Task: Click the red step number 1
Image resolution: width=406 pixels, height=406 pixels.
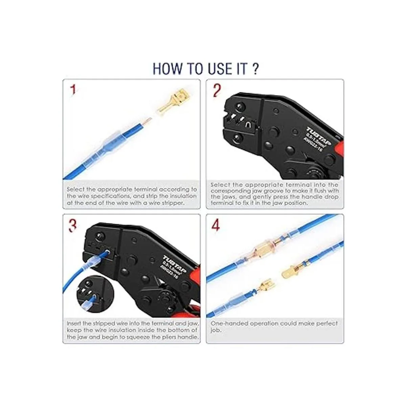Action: click(x=73, y=90)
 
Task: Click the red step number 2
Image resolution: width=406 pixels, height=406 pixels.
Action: click(x=217, y=91)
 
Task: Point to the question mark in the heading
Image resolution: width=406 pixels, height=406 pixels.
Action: click(x=255, y=68)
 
